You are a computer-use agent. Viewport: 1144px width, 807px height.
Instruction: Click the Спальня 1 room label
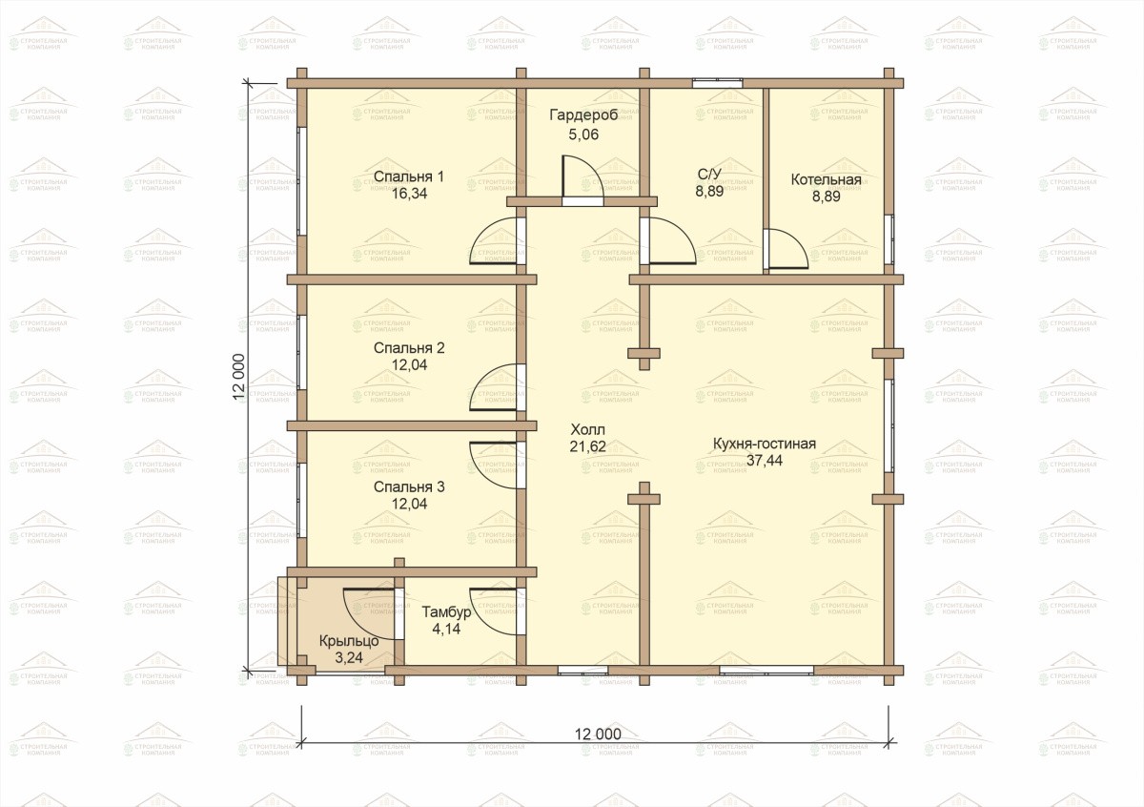409,176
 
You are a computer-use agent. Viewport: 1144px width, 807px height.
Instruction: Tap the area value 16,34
409,194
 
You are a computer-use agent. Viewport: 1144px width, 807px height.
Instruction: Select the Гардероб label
583,115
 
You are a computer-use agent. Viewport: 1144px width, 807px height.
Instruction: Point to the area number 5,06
583,134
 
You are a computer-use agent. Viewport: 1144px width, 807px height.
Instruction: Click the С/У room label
709,175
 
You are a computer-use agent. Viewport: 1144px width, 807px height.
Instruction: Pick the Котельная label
826,180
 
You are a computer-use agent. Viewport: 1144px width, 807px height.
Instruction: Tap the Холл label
588,429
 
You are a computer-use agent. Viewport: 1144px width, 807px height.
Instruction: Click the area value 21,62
588,446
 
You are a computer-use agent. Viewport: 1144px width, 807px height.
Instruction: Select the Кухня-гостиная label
764,444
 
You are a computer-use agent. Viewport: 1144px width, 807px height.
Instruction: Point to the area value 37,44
765,461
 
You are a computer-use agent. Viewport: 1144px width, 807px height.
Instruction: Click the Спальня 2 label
409,348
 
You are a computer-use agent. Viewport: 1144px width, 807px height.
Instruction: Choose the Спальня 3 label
409,487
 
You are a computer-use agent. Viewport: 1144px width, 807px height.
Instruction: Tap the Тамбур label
446,612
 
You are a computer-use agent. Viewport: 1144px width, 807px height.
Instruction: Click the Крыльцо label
349,641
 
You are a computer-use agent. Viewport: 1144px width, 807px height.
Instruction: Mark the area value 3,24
349,658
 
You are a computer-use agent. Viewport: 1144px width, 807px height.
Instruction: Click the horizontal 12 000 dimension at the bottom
598,735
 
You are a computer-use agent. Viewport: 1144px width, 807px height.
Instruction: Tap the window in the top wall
717,83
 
